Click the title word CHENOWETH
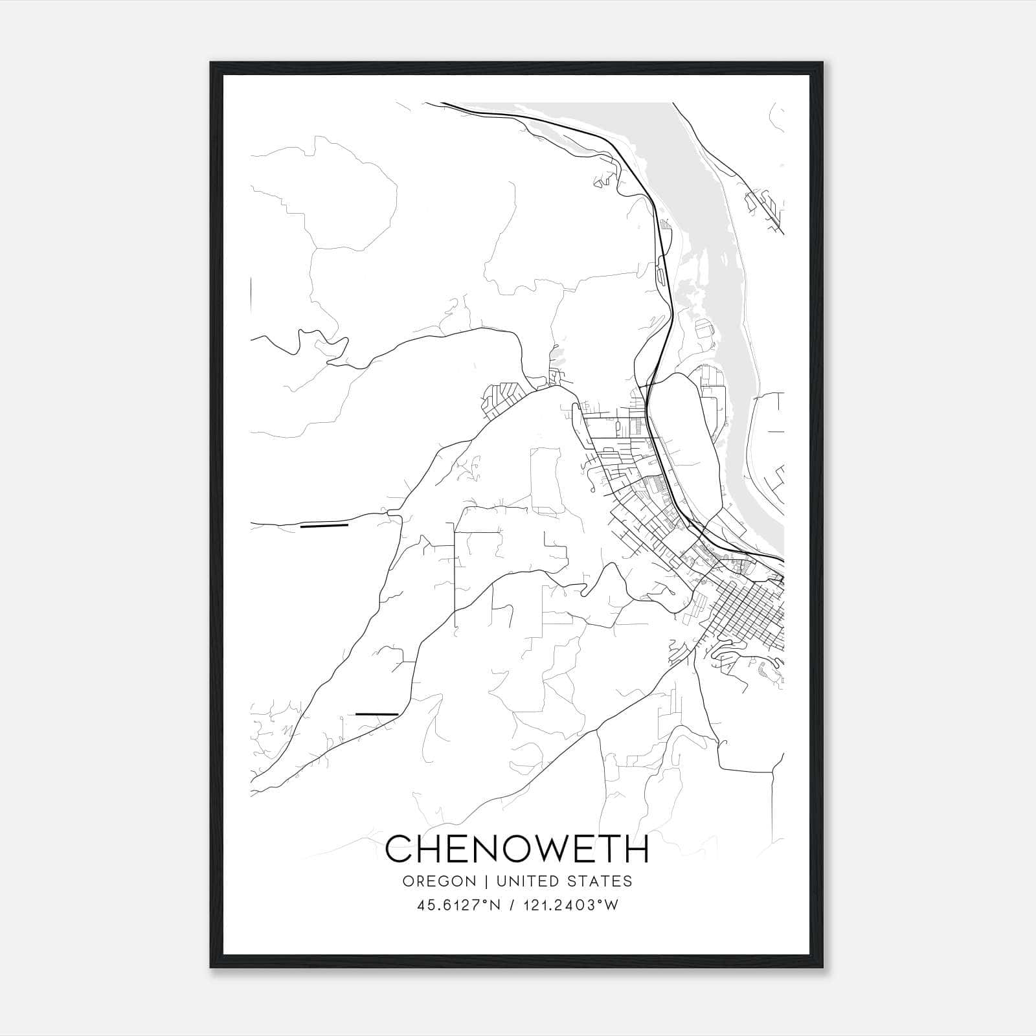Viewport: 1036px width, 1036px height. point(517,849)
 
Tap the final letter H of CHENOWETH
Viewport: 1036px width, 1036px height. point(636,849)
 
